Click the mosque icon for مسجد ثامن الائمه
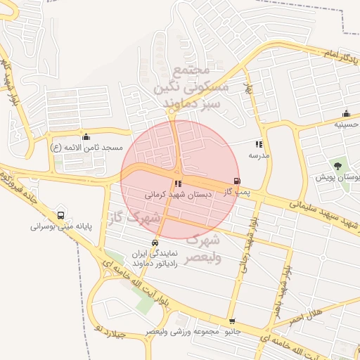(x=86, y=136)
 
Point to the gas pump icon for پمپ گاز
(x=236, y=180)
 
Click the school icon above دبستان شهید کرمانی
(x=176, y=184)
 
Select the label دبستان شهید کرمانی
(x=174, y=193)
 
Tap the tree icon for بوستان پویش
(x=339, y=166)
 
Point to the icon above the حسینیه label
(x=346, y=114)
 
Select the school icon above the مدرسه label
(x=259, y=143)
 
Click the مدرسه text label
(x=259, y=154)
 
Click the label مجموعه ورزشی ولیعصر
(x=184, y=330)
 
